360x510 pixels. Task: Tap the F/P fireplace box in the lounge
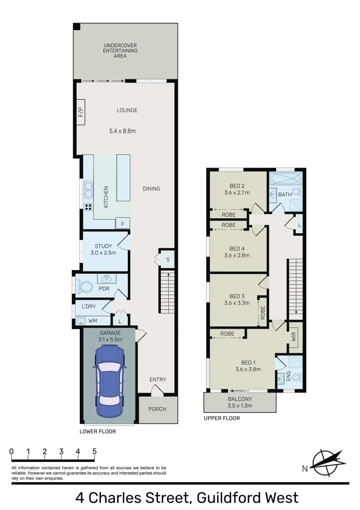[80, 112]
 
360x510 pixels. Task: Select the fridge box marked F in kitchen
[123, 224]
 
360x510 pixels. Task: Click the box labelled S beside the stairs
[167, 259]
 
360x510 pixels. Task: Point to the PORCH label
[157, 409]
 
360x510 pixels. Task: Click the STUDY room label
[103, 246]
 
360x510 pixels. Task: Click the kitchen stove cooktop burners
[88, 207]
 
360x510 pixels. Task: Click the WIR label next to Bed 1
[293, 337]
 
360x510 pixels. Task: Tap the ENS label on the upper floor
[289, 377]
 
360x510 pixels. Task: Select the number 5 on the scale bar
[94, 451]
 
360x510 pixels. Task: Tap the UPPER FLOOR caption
[221, 418]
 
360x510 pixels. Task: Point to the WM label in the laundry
[93, 321]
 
